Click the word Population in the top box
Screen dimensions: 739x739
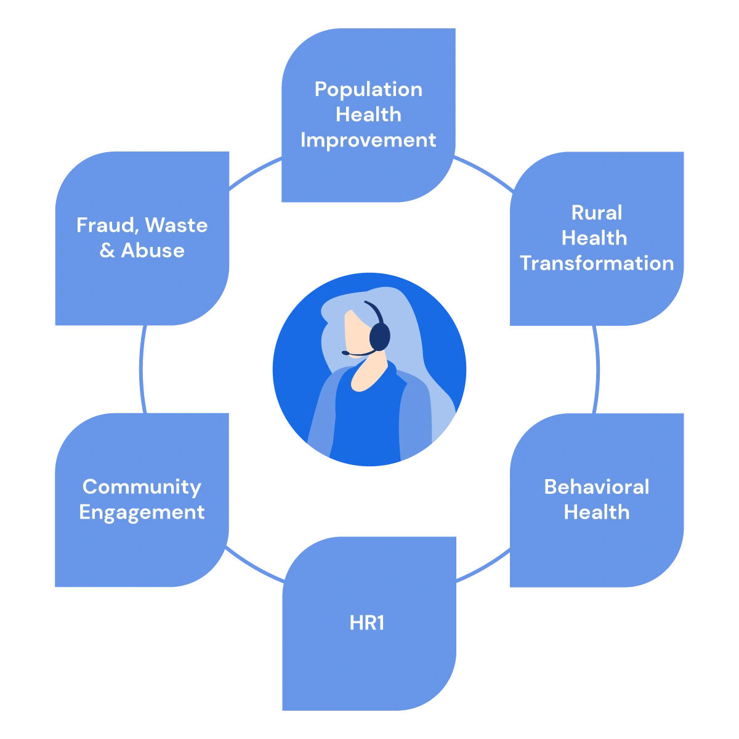tap(368, 89)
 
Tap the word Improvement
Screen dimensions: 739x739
tap(368, 140)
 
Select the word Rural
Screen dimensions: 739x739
tap(596, 213)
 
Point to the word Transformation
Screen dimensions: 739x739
tap(596, 263)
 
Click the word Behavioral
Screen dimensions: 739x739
tap(596, 487)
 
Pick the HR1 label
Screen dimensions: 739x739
tap(367, 623)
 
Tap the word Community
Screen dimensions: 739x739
tap(142, 487)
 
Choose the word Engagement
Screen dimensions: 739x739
tap(142, 512)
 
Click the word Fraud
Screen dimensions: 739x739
tap(105, 225)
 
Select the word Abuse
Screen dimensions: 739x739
tap(153, 251)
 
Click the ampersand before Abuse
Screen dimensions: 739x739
tap(107, 251)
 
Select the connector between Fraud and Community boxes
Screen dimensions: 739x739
tap(143, 369)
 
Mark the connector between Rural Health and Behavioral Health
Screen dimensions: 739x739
tap(596, 369)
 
